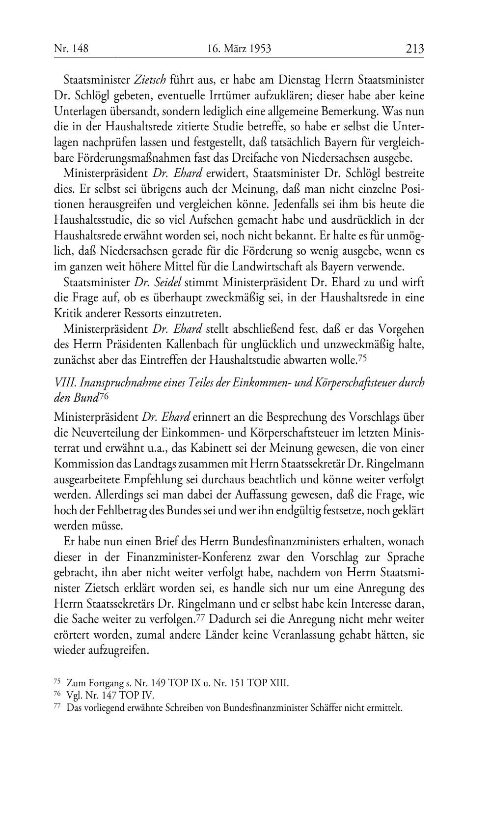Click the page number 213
tap(414, 49)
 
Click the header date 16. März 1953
tap(239, 49)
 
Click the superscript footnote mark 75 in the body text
tap(362, 358)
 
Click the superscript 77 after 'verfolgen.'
tap(200, 618)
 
